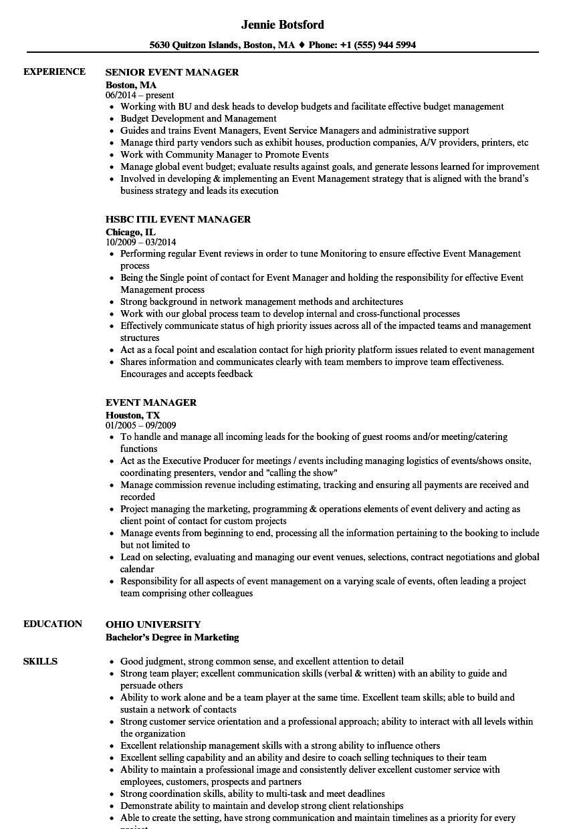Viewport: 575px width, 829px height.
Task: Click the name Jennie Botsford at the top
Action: point(283,25)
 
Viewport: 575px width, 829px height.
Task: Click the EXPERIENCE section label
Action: point(54,72)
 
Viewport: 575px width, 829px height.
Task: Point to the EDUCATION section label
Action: point(53,624)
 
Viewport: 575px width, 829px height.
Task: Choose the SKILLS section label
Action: point(40,661)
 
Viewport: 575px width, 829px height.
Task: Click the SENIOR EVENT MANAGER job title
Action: point(172,72)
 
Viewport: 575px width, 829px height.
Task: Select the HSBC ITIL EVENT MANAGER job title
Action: point(178,219)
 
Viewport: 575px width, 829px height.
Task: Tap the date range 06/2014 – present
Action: point(140,95)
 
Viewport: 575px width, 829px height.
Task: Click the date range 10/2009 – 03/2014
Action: point(141,242)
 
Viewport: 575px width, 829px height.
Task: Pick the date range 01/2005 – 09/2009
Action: point(141,425)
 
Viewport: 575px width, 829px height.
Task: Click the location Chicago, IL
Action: point(130,231)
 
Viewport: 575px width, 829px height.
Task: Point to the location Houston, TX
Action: point(132,414)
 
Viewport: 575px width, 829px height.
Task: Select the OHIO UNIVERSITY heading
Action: point(153,624)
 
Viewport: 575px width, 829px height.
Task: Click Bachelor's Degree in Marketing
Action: point(172,637)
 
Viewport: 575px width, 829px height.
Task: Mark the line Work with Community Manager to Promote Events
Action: point(224,154)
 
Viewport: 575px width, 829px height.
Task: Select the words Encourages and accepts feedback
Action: point(187,374)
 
